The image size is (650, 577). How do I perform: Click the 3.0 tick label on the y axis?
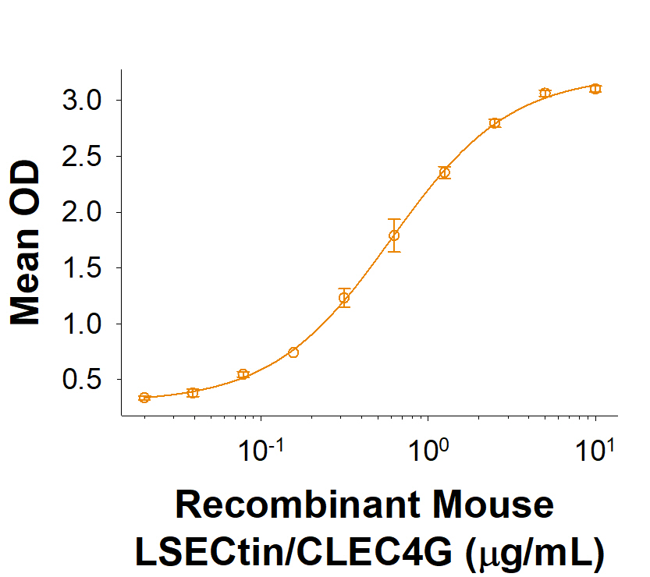point(83,101)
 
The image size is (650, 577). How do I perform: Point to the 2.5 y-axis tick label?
point(83,157)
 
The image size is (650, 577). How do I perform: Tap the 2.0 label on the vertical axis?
point(83,213)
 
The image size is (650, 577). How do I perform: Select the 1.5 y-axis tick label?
point(83,268)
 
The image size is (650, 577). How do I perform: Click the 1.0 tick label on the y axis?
point(83,324)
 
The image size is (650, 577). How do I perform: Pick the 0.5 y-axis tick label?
point(83,381)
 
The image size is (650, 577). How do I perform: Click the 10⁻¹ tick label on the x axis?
point(261,451)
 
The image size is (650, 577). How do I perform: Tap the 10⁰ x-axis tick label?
point(428,451)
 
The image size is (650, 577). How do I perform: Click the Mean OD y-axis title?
point(25,242)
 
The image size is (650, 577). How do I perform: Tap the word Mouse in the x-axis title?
point(490,505)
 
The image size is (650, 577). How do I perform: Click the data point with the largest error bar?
point(394,235)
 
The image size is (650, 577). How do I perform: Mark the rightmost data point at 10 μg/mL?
point(595,89)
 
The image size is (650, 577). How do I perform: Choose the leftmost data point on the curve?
point(144,398)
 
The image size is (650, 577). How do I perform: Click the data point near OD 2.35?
point(444,172)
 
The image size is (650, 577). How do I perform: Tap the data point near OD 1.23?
point(344,297)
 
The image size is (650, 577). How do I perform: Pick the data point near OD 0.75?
point(293,352)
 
